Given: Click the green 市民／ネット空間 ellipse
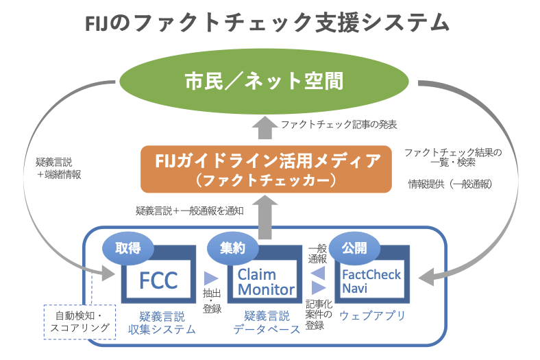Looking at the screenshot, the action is pyautogui.click(x=264, y=82).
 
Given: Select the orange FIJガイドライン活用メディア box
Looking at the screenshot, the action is pyautogui.click(x=266, y=169).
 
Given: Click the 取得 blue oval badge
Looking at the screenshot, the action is pyautogui.click(x=127, y=248).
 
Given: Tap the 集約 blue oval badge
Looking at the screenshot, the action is pyautogui.click(x=233, y=248).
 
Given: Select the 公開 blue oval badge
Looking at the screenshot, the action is pyautogui.click(x=354, y=248).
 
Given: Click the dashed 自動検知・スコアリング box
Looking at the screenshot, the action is pyautogui.click(x=79, y=322).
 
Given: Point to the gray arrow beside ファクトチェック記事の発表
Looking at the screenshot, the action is pyautogui.click(x=265, y=128).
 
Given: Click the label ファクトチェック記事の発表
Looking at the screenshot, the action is pyautogui.click(x=339, y=124).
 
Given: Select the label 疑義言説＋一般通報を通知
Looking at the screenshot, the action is pyautogui.click(x=190, y=211).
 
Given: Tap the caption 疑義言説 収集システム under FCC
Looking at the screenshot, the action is pyautogui.click(x=162, y=323).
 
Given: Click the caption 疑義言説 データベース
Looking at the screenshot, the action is pyautogui.click(x=267, y=323).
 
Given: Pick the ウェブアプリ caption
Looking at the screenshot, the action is pyautogui.click(x=372, y=315).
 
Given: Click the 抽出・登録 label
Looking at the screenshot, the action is pyautogui.click(x=212, y=301).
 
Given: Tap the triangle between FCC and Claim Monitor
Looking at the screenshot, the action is pyautogui.click(x=211, y=278).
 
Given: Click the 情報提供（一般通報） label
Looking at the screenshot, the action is pyautogui.click(x=450, y=184).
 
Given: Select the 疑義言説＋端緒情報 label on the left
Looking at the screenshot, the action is pyautogui.click(x=58, y=168).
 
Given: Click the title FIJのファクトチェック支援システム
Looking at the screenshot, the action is pyautogui.click(x=267, y=23).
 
